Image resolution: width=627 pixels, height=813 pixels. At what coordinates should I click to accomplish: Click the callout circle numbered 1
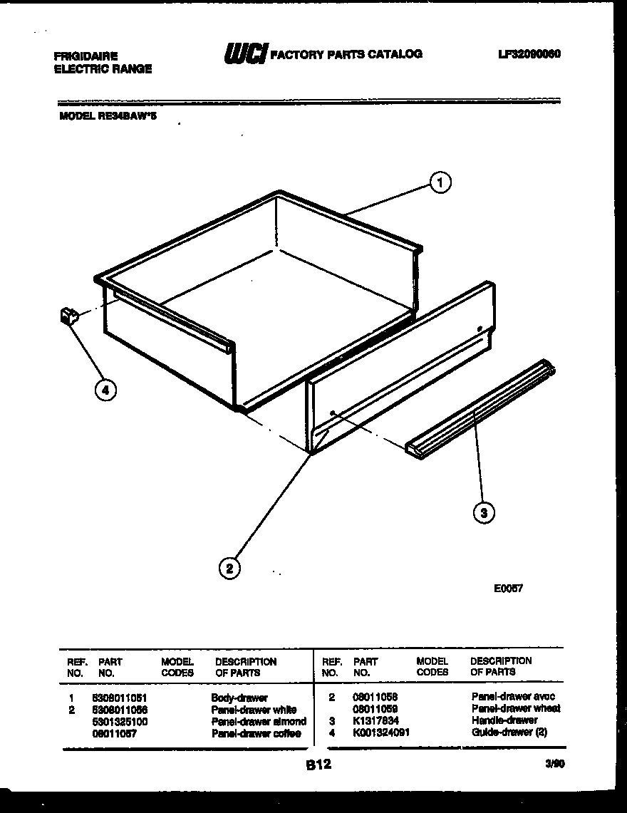440,183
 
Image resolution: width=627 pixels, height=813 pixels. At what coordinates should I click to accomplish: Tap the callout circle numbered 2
229,568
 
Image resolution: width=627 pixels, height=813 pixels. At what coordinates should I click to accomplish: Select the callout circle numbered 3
484,512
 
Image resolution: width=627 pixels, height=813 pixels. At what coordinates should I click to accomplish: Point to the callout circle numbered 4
105,390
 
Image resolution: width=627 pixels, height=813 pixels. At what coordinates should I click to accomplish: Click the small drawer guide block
68,316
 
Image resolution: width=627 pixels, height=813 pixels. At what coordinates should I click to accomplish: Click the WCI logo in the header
245,53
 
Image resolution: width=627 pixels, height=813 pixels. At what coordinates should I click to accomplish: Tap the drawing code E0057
508,589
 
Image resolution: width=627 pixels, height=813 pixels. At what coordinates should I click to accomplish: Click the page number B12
318,765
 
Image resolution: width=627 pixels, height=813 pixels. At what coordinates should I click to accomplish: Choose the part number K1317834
375,720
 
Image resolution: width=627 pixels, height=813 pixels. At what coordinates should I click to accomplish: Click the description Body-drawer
239,698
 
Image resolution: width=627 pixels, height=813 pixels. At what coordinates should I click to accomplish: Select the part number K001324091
381,732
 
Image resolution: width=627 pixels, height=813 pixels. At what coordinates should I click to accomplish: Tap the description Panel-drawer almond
259,722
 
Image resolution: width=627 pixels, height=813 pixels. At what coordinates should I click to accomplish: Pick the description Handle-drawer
504,720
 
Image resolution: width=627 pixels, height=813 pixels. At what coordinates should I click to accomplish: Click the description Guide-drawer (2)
509,732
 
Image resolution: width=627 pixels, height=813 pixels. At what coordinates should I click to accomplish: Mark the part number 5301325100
120,722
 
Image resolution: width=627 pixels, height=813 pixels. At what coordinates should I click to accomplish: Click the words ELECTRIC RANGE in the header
103,69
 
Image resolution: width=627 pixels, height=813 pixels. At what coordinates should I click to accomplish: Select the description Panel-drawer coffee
256,733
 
